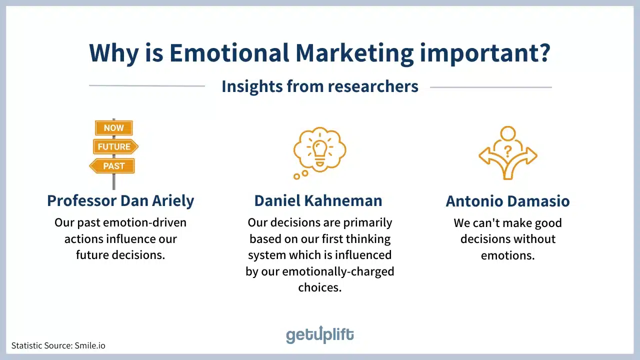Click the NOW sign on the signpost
click(x=113, y=127)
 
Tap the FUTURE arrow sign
click(x=115, y=146)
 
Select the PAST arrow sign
click(x=112, y=165)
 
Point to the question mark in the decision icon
click(x=507, y=151)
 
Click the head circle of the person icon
click(x=508, y=133)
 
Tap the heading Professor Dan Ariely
click(x=120, y=200)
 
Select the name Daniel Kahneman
click(x=318, y=200)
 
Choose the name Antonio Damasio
click(x=507, y=201)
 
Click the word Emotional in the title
click(x=229, y=53)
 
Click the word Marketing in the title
click(x=354, y=53)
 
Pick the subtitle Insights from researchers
click(x=320, y=86)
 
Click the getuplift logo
click(x=319, y=334)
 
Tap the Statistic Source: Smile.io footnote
click(x=58, y=345)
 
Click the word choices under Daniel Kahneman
click(x=319, y=287)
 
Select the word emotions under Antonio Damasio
click(x=507, y=255)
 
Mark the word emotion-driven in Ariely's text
click(x=144, y=222)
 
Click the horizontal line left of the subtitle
click(x=147, y=85)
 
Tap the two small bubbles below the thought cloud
click(x=301, y=175)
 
